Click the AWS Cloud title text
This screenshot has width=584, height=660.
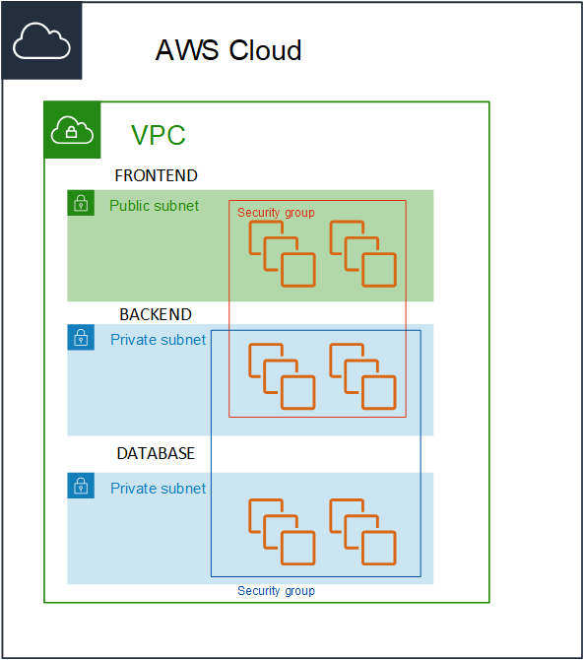tap(228, 50)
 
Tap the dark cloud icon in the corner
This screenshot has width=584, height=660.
tap(41, 40)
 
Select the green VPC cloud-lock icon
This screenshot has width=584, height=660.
tap(72, 130)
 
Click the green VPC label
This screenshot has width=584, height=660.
tap(159, 135)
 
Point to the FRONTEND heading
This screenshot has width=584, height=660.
tap(157, 175)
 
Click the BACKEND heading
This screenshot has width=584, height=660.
tap(156, 314)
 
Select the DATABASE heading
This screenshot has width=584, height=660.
tap(156, 453)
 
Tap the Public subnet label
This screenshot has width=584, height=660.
tap(154, 206)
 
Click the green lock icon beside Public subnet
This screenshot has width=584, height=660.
tap(81, 203)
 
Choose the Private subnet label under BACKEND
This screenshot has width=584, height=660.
tap(159, 340)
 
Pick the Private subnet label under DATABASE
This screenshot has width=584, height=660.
tap(159, 489)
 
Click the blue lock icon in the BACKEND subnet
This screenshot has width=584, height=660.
tap(81, 337)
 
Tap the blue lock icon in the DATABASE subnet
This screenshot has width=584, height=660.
tap(81, 486)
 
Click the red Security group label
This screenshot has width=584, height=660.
tap(276, 213)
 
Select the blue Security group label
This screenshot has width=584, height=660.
tap(276, 591)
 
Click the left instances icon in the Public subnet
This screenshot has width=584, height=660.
tap(282, 254)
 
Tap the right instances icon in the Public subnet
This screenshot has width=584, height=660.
tap(363, 254)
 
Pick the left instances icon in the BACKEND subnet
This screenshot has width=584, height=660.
tap(282, 376)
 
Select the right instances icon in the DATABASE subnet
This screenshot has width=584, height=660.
tap(363, 532)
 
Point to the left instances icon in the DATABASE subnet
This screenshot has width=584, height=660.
tap(282, 532)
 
